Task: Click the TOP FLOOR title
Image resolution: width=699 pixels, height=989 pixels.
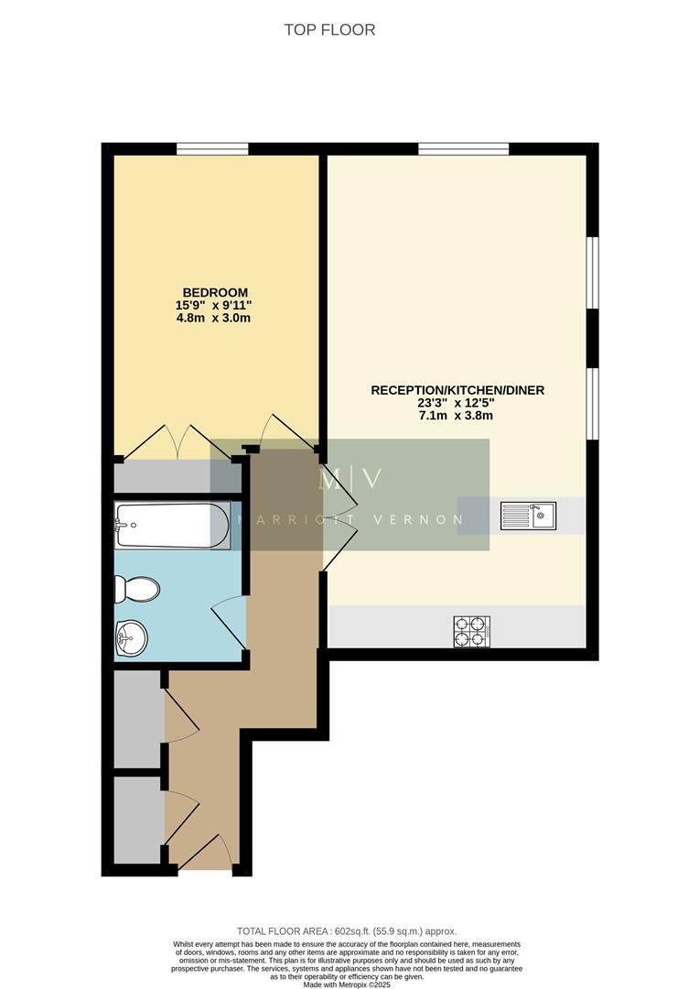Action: (x=329, y=30)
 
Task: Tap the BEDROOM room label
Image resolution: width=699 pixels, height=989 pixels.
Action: (x=213, y=292)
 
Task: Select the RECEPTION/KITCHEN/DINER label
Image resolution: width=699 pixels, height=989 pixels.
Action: (x=457, y=390)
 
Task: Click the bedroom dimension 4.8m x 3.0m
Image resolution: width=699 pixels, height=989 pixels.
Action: (x=213, y=319)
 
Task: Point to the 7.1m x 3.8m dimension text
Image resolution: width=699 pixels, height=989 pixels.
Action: (x=457, y=416)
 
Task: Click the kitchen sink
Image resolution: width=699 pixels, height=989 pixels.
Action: (x=528, y=516)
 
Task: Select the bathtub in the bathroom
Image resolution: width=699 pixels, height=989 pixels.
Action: (x=171, y=525)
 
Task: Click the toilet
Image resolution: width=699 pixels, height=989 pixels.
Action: (x=137, y=589)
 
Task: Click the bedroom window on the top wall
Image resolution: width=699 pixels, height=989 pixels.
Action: (x=212, y=148)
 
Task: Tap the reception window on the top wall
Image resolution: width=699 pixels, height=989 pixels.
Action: (x=463, y=148)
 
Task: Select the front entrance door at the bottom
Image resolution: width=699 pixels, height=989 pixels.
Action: (x=200, y=851)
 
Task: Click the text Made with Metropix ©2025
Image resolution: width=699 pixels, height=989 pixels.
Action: (x=349, y=984)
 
